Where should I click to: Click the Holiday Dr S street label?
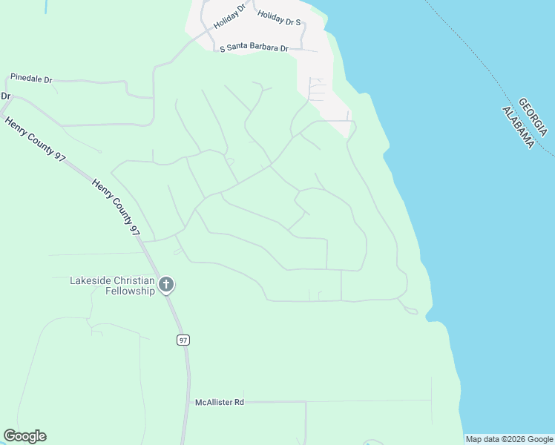[279, 18]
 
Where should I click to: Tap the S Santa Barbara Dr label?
[254, 47]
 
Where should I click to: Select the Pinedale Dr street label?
[31, 78]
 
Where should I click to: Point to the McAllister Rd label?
[220, 402]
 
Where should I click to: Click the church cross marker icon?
[166, 284]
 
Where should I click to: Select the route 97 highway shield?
[183, 340]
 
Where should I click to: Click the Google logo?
[24, 436]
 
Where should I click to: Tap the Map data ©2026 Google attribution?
[509, 439]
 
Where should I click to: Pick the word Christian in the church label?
[134, 280]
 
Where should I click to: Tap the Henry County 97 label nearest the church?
[116, 207]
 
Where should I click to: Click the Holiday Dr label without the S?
[229, 16]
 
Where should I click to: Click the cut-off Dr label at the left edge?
[6, 96]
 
